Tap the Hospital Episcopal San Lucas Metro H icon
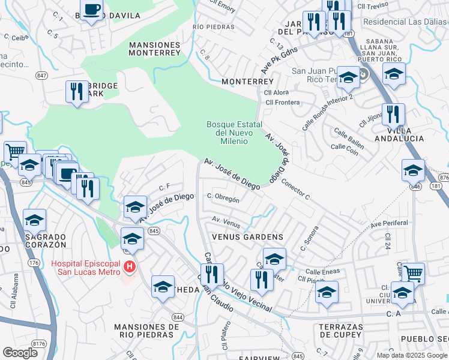click(128, 266)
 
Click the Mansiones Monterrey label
click(155, 49)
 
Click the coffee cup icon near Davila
click(91, 10)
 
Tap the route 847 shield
click(41, 75)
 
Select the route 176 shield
click(34, 263)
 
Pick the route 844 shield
click(177, 317)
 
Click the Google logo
click(20, 353)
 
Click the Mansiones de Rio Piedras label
click(146, 331)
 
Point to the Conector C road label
click(295, 190)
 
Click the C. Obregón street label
click(223, 198)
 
